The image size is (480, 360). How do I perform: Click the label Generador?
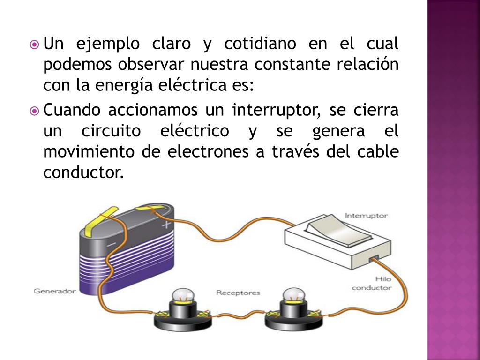click(x=54, y=291)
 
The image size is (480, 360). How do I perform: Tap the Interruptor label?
click(x=366, y=216)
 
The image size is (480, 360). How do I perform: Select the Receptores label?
click(x=238, y=293)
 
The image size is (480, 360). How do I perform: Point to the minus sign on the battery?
click(x=111, y=245)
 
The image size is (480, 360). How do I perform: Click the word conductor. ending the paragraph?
click(x=84, y=172)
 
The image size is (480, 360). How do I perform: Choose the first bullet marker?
click(x=34, y=45)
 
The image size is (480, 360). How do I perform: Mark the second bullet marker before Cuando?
click(x=34, y=112)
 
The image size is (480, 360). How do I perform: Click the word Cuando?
click(x=72, y=111)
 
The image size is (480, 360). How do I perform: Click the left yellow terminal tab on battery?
click(x=99, y=219)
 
